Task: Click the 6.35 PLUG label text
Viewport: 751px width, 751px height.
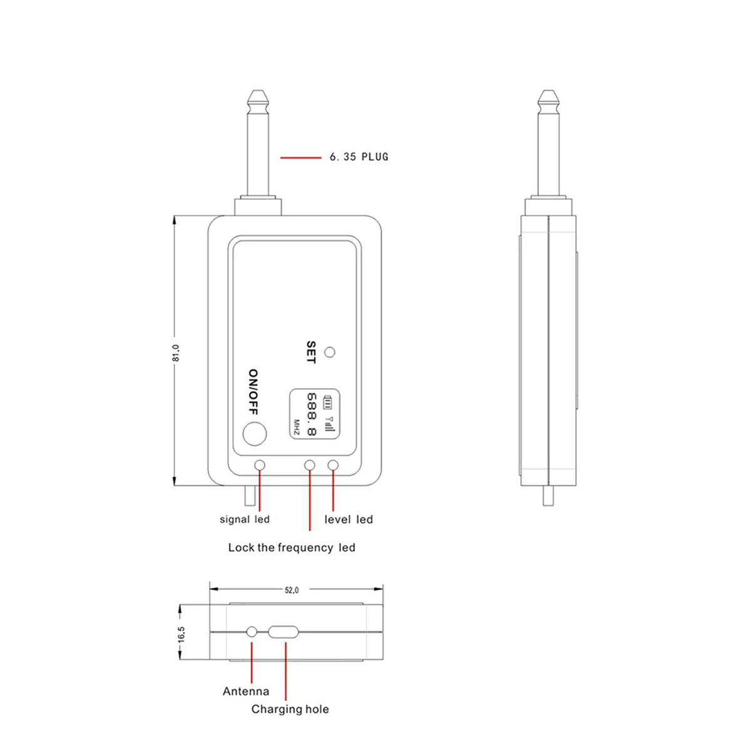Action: coord(359,157)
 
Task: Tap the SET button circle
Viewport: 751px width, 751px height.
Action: coord(330,352)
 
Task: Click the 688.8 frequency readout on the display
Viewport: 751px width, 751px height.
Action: coord(312,414)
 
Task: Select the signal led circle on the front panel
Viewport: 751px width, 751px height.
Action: coord(260,465)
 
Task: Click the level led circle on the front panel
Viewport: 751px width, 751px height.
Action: coord(333,465)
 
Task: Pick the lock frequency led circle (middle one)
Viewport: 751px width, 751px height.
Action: coord(309,465)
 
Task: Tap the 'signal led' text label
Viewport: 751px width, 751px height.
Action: coord(244,519)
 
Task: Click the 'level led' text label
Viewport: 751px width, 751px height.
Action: coord(348,519)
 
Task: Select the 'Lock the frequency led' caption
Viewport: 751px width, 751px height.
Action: coord(292,548)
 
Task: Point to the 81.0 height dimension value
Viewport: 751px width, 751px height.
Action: coord(176,352)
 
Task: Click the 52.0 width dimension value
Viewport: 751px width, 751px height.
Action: coord(292,590)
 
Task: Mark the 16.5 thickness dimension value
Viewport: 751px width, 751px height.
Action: coord(181,634)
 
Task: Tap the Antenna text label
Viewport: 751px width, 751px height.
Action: coord(246,692)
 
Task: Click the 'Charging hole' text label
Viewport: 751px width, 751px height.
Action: coord(290,709)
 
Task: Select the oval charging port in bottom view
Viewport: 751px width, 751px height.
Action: coord(284,632)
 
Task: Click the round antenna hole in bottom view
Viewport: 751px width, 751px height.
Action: coord(252,632)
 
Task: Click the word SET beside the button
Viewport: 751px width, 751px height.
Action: coord(311,352)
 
